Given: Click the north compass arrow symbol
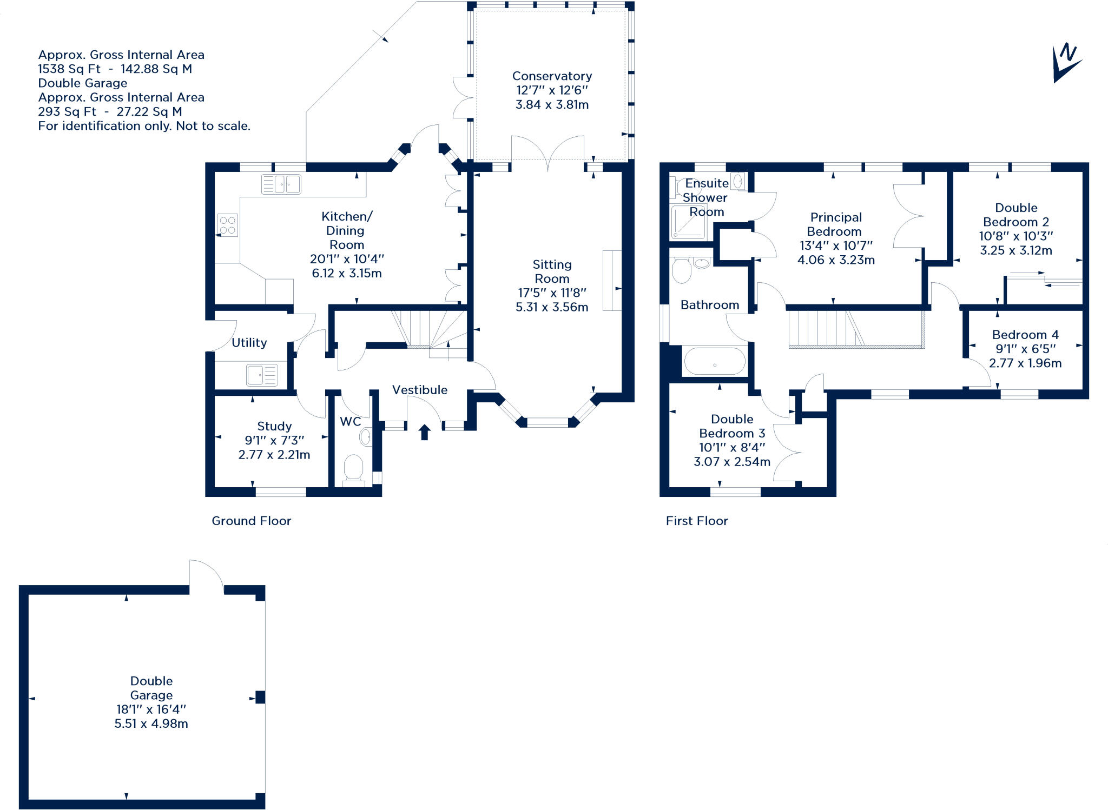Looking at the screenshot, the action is (1066, 63).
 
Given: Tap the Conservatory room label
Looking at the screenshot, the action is (552, 76).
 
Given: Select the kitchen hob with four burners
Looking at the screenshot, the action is (228, 225).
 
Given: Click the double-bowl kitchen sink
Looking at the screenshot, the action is (281, 184).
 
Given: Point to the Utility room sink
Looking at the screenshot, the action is (262, 375).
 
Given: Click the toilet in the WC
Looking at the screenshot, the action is (353, 468).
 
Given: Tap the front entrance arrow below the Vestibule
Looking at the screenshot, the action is (425, 432).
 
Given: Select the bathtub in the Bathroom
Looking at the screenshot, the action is (715, 361).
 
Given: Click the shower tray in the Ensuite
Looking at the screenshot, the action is (688, 222).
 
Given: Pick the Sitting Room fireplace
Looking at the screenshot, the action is (612, 280).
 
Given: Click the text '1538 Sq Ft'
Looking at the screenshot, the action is (69, 69).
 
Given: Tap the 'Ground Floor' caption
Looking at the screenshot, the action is (251, 521).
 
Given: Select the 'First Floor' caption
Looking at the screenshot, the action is (697, 521).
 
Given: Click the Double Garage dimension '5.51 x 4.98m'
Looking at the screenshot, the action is (151, 723).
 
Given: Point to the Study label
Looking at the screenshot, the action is (274, 426).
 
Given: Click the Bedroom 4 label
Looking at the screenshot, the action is (1025, 335).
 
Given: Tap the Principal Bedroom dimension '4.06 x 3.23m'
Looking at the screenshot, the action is (836, 260).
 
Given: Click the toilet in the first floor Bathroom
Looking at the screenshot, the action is (682, 270).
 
